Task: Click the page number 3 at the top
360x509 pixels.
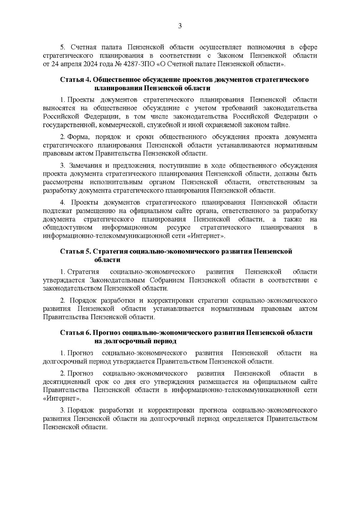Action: (x=180, y=26)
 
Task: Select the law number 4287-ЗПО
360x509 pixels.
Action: (x=142, y=64)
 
